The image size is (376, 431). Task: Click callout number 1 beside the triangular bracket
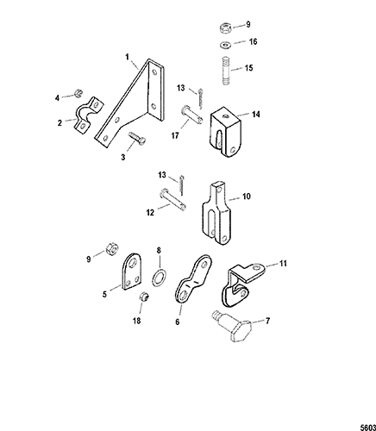click(x=127, y=57)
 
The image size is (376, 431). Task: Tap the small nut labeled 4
click(x=78, y=93)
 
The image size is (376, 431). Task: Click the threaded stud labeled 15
click(x=227, y=72)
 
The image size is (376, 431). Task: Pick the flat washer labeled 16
click(x=226, y=45)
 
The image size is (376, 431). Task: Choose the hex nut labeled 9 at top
click(x=225, y=28)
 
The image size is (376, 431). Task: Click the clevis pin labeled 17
click(x=191, y=116)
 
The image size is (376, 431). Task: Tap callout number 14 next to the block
click(x=255, y=115)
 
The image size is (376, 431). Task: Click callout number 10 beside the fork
click(x=247, y=197)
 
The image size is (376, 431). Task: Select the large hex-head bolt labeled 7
click(x=233, y=326)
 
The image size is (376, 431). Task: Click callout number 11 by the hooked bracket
click(x=283, y=264)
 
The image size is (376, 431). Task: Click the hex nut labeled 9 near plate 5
click(x=110, y=248)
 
